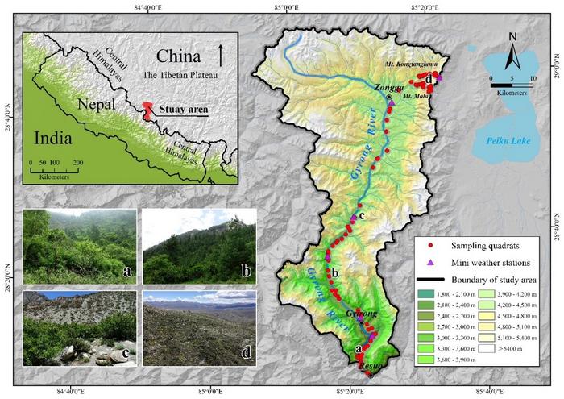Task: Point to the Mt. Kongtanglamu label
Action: [412, 62]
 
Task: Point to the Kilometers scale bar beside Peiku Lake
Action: [511, 85]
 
